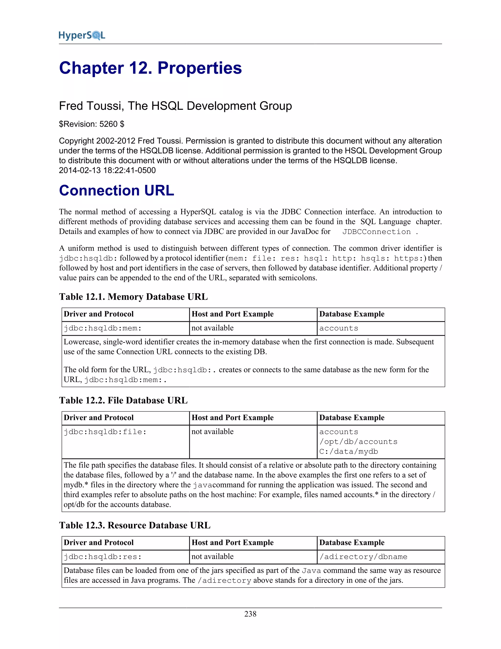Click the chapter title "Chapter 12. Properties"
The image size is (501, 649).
pos(150,68)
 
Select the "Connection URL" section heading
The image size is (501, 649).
pos(116,191)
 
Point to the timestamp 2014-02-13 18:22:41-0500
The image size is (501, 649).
pos(107,170)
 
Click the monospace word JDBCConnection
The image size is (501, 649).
pos(376,232)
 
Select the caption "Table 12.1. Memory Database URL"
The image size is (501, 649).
pos(133,297)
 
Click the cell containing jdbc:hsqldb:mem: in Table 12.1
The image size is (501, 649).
pos(103,328)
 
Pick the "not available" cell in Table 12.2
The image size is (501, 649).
pos(213,432)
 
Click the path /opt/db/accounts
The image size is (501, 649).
pos(358,442)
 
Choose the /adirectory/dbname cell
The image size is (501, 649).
pos(363,557)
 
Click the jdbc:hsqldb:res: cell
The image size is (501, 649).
pos(103,557)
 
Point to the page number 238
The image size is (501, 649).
pos(250,614)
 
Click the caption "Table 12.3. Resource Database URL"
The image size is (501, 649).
pos(135,525)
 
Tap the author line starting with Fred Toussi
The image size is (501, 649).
pos(175,106)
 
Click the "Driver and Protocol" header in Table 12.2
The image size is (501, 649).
pos(99,418)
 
